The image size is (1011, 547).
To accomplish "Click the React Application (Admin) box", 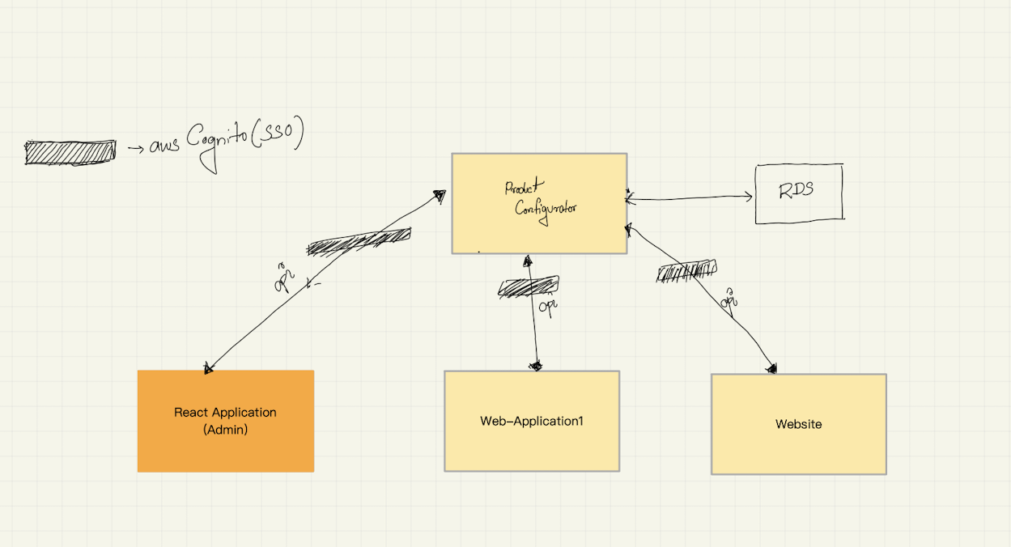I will pos(225,421).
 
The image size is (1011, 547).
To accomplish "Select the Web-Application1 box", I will pos(531,421).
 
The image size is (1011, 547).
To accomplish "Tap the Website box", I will pos(798,424).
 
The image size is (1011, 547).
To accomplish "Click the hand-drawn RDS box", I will pos(798,193).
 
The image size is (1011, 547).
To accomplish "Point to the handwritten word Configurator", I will pos(546,206).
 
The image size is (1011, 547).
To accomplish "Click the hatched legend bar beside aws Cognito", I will pos(70,151).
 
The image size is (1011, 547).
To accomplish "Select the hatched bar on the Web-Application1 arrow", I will pos(528,286).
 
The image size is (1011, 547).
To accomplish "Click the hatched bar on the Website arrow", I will pos(686,272).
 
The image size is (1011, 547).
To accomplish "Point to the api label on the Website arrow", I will pos(729,299).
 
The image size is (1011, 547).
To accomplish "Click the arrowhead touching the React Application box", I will pos(209,368).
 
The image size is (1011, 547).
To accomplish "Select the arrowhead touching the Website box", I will pos(771,369).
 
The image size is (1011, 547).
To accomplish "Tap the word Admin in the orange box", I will pos(225,430).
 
